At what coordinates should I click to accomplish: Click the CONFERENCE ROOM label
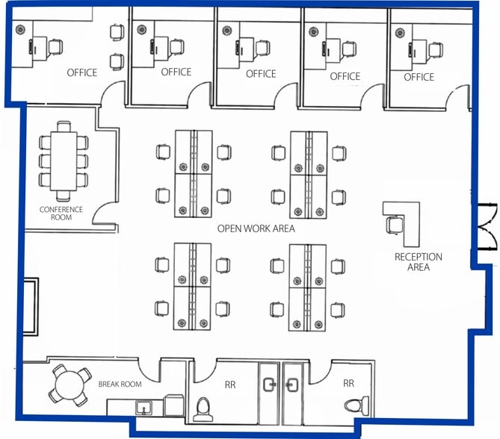61,214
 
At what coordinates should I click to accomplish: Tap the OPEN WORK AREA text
256,228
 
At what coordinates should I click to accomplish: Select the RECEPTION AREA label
419,262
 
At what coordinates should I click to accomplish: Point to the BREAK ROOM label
120,384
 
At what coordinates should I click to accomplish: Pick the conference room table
64,161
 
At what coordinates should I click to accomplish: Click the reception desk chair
394,225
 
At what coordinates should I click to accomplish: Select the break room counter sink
143,408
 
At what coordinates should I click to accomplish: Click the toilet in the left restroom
203,409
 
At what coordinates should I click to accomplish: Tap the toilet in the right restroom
357,405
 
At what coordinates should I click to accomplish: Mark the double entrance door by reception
486,226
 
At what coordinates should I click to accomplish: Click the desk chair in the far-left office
55,47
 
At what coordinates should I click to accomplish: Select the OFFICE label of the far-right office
419,77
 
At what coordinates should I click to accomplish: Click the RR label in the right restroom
348,383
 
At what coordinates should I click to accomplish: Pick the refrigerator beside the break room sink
174,405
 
